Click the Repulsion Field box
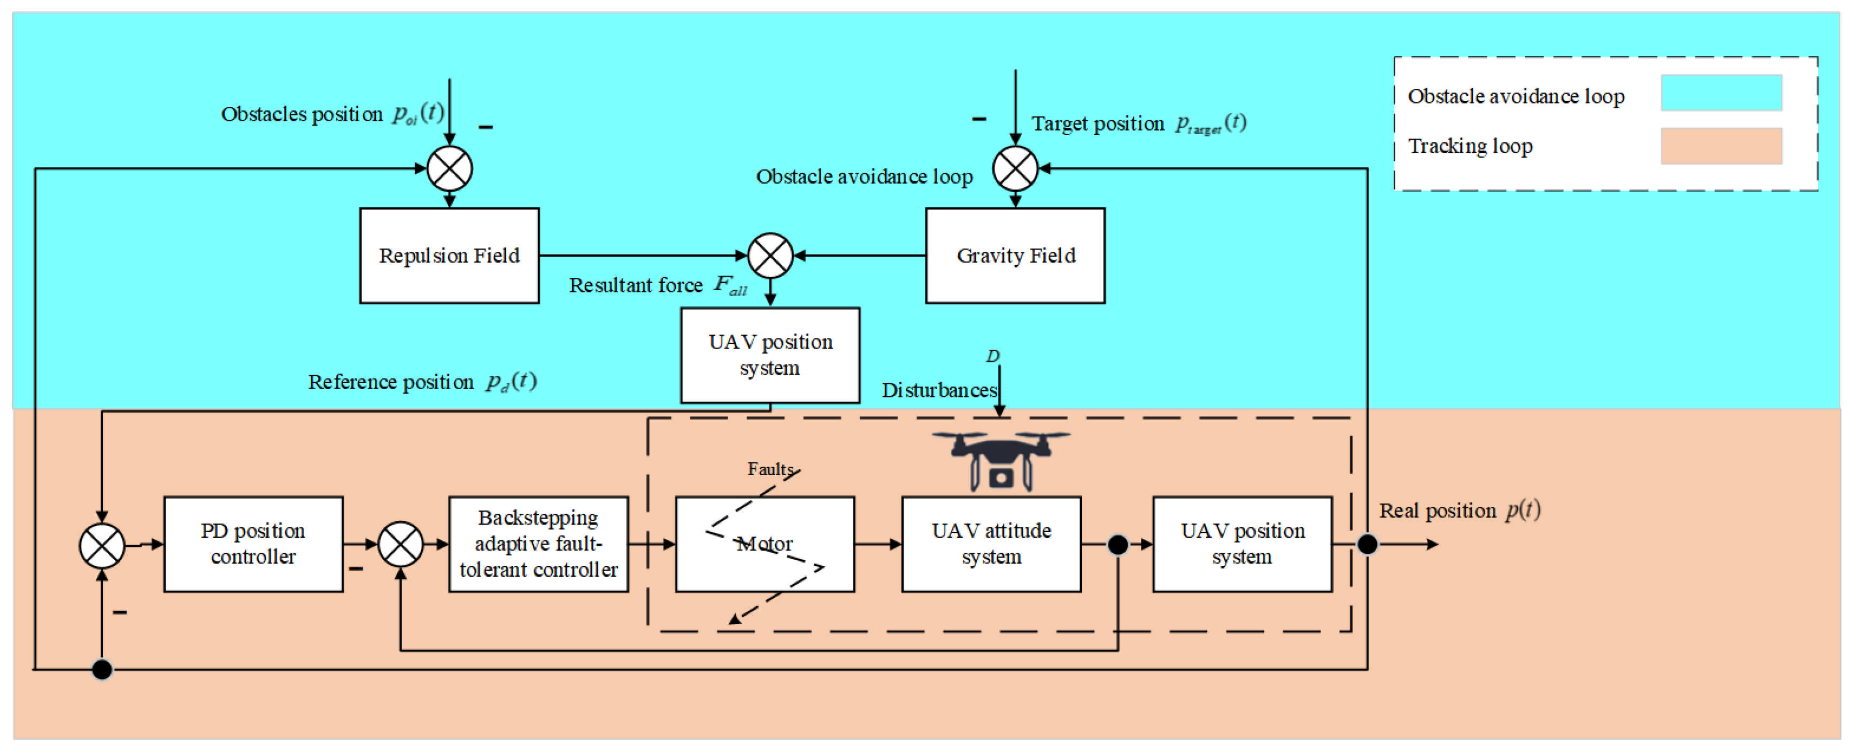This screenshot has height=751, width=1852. coord(449,256)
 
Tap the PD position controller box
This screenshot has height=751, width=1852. coord(253,544)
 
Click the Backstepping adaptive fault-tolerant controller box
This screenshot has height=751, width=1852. coord(538,544)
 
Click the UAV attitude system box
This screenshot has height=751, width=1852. coord(991,544)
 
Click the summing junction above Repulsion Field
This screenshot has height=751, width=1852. coord(449,169)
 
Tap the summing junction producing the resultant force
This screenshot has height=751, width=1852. coord(770,256)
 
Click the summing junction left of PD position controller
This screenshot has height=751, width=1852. coord(102,545)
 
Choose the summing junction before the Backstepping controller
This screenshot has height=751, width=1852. coord(400,544)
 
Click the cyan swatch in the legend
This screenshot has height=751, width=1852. coord(1720,92)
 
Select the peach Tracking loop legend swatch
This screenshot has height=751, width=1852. coord(1720,146)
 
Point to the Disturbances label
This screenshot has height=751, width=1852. coord(938,390)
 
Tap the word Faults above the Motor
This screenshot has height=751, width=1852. coord(769,469)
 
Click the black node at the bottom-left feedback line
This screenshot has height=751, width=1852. coord(102,670)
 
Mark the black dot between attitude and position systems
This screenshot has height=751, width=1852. coord(1117,545)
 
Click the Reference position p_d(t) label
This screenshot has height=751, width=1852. coord(422,382)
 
